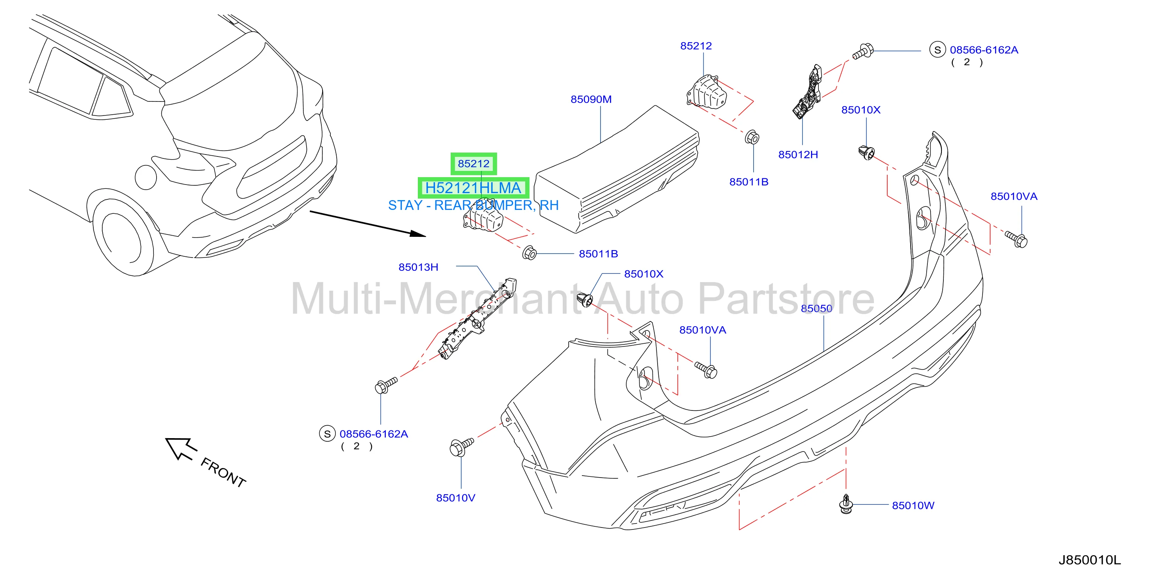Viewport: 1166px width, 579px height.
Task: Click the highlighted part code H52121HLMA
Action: pyautogui.click(x=473, y=188)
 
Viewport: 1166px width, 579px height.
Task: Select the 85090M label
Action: pyautogui.click(x=591, y=99)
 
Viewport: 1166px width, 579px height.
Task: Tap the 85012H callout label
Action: pyautogui.click(x=798, y=155)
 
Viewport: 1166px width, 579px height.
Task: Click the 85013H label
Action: pyautogui.click(x=418, y=267)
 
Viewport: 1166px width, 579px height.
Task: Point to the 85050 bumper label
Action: pyautogui.click(x=817, y=309)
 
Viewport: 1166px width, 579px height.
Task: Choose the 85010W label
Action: pyautogui.click(x=913, y=506)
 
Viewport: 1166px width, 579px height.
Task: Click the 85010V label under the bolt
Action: pyautogui.click(x=455, y=498)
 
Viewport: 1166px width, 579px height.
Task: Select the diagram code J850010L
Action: pyautogui.click(x=1089, y=560)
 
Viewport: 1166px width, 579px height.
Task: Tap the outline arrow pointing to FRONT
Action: pyautogui.click(x=181, y=448)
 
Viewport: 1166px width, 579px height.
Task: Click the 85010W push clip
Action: pyautogui.click(x=845, y=504)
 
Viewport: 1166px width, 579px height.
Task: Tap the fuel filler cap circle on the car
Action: pyautogui.click(x=146, y=177)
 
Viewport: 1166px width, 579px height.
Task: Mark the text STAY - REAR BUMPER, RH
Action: pyautogui.click(x=473, y=205)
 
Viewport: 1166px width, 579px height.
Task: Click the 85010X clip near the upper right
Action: pyautogui.click(x=866, y=153)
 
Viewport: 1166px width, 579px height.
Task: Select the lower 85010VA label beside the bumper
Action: pyautogui.click(x=702, y=330)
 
